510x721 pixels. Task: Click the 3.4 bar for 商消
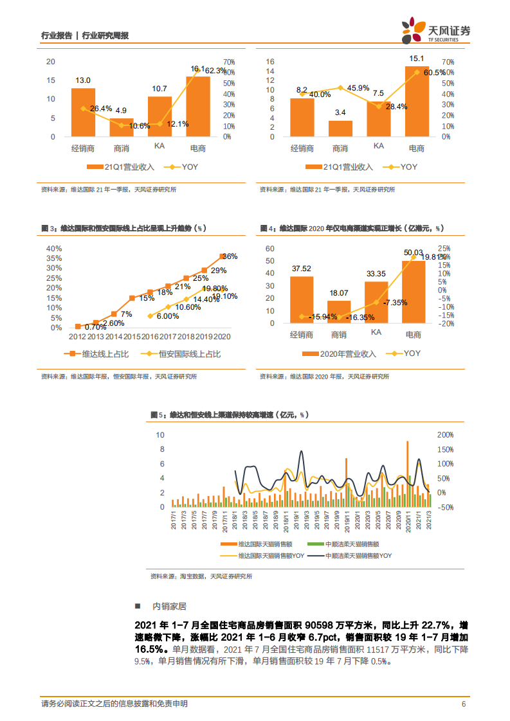click(x=340, y=129)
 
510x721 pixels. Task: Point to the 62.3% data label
click(x=217, y=70)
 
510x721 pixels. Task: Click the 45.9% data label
click(x=358, y=88)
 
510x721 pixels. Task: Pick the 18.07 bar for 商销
click(x=340, y=312)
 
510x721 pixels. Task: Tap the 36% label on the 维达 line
click(x=230, y=256)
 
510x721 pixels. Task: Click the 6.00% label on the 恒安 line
click(x=167, y=316)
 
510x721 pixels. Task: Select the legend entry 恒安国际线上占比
click(x=183, y=353)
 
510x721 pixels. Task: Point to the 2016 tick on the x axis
click(x=150, y=336)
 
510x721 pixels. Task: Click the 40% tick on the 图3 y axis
click(x=53, y=249)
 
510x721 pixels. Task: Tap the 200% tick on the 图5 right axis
click(x=446, y=435)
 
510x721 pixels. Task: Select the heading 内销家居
click(x=170, y=606)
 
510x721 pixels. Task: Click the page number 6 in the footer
click(x=463, y=704)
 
